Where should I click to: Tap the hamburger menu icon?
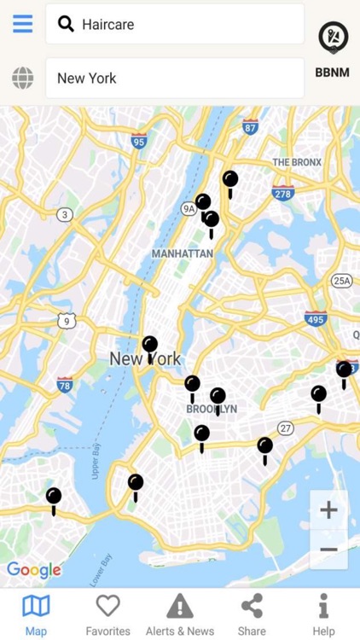(x=23, y=24)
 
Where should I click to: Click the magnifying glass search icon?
(x=66, y=24)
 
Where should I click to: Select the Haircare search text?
(x=108, y=25)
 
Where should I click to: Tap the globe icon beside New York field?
(x=23, y=79)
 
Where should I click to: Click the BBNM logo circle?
(x=333, y=37)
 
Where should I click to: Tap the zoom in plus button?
(x=328, y=510)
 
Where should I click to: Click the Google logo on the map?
(x=34, y=570)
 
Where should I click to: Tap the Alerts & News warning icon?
(x=180, y=606)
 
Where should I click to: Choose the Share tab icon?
(x=252, y=606)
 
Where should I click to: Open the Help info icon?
(x=323, y=606)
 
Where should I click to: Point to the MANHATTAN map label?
(x=182, y=253)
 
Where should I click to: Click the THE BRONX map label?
(x=297, y=162)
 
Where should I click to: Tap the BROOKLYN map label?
(x=212, y=409)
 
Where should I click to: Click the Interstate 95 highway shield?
(x=140, y=141)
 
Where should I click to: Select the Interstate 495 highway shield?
(x=316, y=318)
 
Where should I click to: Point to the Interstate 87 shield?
(x=250, y=126)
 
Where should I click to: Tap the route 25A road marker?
(x=342, y=280)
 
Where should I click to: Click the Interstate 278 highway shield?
(x=283, y=193)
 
